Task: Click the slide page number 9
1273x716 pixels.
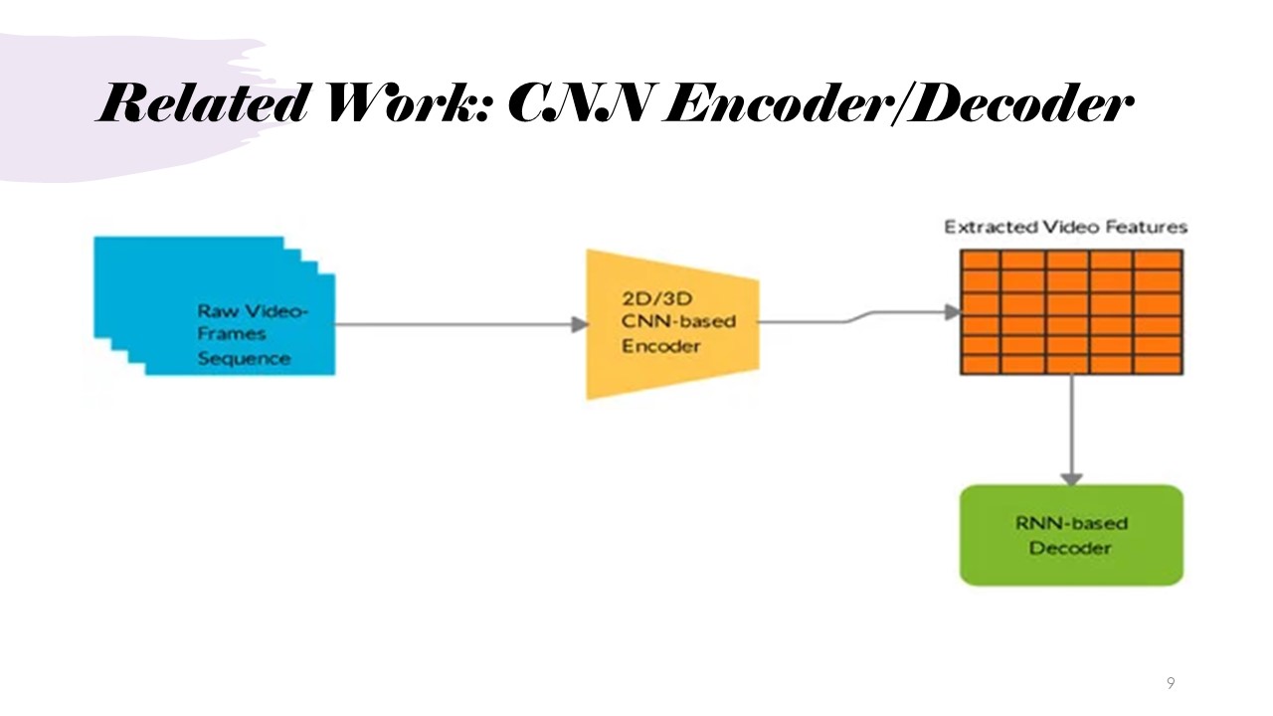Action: (x=1171, y=683)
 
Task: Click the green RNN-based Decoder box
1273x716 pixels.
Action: (x=1071, y=535)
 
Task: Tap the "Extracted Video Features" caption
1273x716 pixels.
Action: (x=1065, y=227)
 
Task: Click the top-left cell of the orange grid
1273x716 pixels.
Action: (x=980, y=261)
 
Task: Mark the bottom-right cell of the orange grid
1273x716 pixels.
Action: (x=1159, y=364)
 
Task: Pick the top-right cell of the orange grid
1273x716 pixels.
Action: (x=1159, y=261)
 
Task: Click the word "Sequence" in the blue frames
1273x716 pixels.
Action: (x=244, y=358)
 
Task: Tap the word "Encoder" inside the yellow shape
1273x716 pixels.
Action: (x=660, y=346)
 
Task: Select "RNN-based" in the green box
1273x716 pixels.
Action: (x=1071, y=523)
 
